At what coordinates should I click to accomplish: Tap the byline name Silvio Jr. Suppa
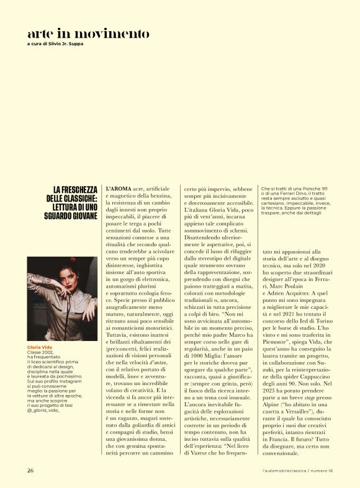tap(65, 44)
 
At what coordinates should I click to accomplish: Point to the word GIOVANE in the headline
tap(81, 216)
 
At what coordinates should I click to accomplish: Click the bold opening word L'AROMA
tap(119, 189)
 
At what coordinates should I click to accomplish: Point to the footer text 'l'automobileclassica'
tap(288, 469)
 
